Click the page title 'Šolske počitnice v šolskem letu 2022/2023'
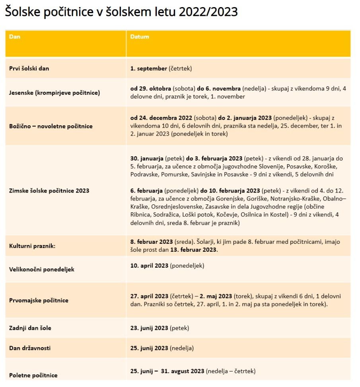click(121, 12)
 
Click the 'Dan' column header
click(15, 37)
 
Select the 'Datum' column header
click(140, 37)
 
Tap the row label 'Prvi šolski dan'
click(29, 68)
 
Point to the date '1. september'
click(149, 68)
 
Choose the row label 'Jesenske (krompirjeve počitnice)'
click(54, 93)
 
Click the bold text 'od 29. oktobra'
click(151, 88)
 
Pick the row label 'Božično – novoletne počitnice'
click(51, 126)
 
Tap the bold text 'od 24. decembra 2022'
click(161, 118)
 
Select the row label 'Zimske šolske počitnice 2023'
click(49, 191)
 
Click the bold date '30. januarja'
click(147, 158)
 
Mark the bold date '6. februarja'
click(146, 191)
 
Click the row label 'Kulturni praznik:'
click(32, 246)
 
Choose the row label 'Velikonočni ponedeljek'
click(42, 269)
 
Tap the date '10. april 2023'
click(149, 265)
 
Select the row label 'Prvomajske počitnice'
click(39, 300)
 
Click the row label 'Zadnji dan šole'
click(30, 328)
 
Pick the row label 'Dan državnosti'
click(30, 348)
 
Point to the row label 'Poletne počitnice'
click(33, 375)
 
